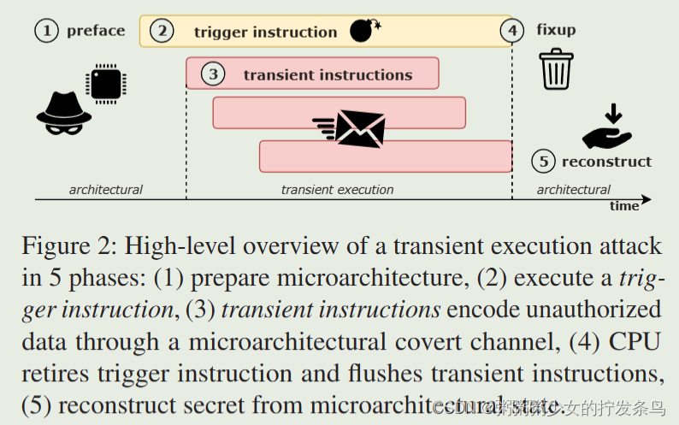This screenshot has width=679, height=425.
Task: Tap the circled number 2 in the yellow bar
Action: [161, 32]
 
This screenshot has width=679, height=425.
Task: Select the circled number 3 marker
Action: [213, 74]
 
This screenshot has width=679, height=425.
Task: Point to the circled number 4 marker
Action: [511, 31]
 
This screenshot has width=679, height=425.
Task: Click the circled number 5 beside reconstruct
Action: [543, 161]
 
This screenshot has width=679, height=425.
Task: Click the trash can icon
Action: [556, 69]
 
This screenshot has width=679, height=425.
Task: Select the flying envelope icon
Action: [351, 129]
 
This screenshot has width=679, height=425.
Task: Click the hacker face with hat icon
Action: [63, 112]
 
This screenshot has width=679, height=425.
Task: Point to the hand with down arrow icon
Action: [606, 127]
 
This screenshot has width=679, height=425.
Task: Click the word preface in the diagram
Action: [95, 31]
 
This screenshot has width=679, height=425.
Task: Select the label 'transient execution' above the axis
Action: [337, 190]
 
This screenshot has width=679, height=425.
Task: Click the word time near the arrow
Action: [624, 206]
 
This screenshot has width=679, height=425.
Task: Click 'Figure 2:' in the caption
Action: [69, 247]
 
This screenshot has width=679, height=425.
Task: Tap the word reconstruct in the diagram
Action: [606, 161]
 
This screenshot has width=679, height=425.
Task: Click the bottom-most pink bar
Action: [385, 156]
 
